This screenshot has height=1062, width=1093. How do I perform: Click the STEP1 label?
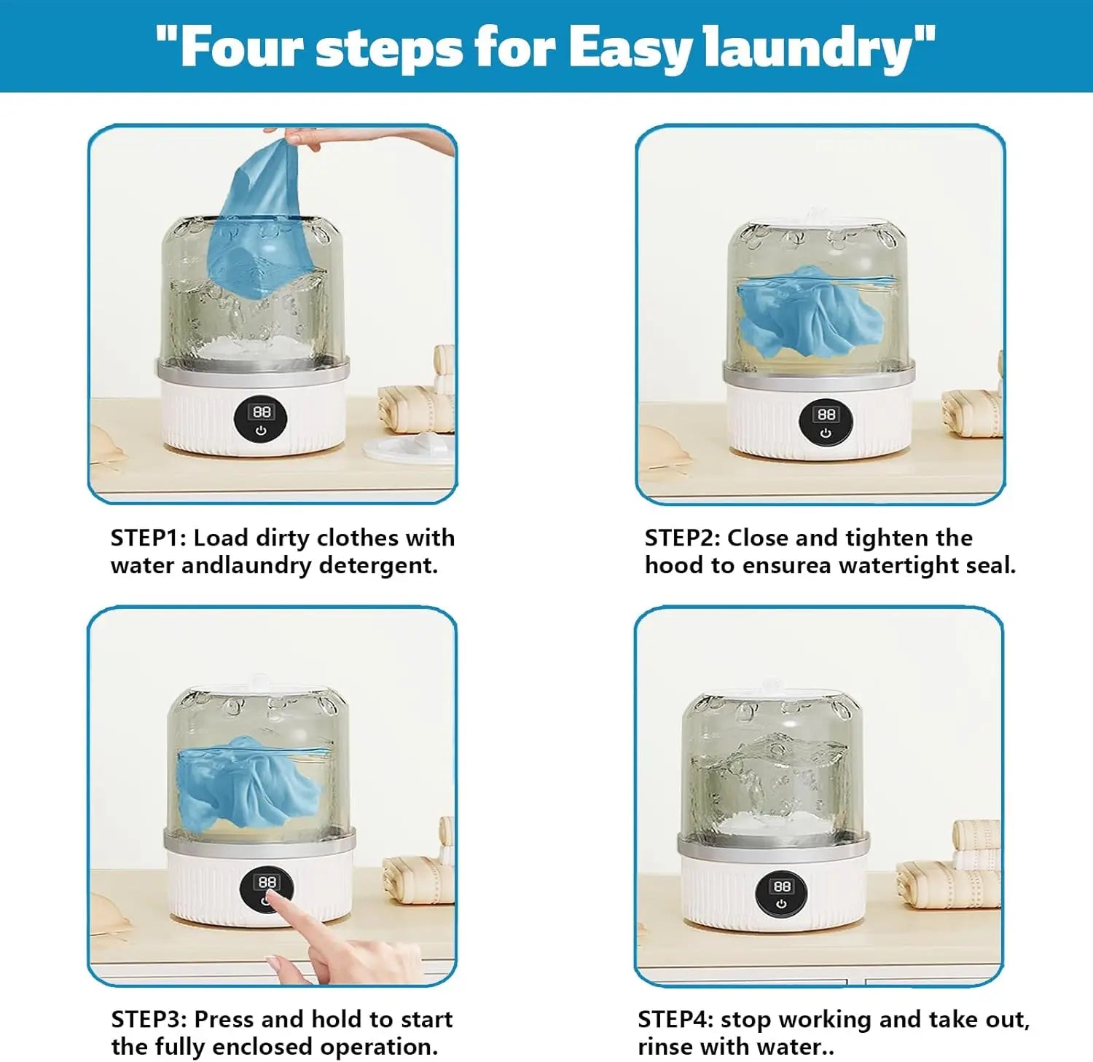coord(148,538)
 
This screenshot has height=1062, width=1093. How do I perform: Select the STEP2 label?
coord(682,538)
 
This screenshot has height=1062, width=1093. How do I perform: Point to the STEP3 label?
coord(149,1019)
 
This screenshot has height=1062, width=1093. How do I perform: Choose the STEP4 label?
coord(675,1019)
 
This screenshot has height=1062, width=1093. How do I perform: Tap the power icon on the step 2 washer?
coord(826,433)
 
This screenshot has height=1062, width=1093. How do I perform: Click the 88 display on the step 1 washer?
coord(262,412)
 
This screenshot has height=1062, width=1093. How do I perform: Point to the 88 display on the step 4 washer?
coord(782,886)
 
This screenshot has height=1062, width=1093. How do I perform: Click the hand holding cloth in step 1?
coord(306,138)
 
